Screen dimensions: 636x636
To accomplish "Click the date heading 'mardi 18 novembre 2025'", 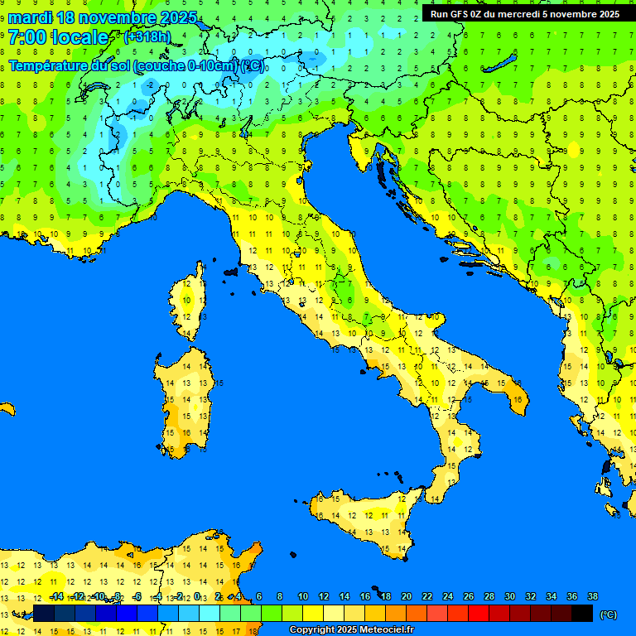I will click(x=103, y=17).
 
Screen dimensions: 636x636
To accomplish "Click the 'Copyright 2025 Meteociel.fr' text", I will click(x=351, y=630).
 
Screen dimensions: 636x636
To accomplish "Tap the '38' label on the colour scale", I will click(x=592, y=596).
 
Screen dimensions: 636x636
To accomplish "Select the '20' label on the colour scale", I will click(x=407, y=596).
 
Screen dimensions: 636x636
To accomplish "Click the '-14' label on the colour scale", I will click(x=57, y=596).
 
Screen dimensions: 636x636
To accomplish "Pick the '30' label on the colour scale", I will click(x=510, y=596).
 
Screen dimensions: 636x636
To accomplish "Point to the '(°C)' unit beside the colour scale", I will click(x=608, y=614).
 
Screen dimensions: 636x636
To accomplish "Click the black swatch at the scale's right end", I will click(x=582, y=614).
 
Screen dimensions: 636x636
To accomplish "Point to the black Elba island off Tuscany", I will click(x=230, y=271).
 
